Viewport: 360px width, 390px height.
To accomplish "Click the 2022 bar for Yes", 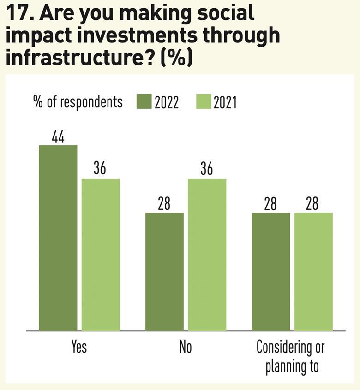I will coord(58,238).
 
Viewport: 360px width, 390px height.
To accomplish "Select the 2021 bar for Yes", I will coord(101,254).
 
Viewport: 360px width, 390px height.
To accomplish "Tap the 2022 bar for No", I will coord(164,272).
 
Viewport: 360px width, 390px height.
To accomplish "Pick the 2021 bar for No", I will coord(207,254).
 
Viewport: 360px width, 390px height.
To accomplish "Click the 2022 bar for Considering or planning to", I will coord(270,272).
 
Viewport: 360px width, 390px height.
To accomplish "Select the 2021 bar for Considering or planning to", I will coord(313,272).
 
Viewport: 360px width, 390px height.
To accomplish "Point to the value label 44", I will coord(58,136).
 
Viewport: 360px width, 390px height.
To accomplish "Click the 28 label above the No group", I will coord(164,203).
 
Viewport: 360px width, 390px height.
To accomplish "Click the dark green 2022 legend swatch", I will coord(144,101).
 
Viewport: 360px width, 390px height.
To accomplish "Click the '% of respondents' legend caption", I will coord(78,102).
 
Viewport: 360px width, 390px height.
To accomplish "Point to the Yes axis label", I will coord(79,347).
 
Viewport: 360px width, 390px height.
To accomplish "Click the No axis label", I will coord(186,347).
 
